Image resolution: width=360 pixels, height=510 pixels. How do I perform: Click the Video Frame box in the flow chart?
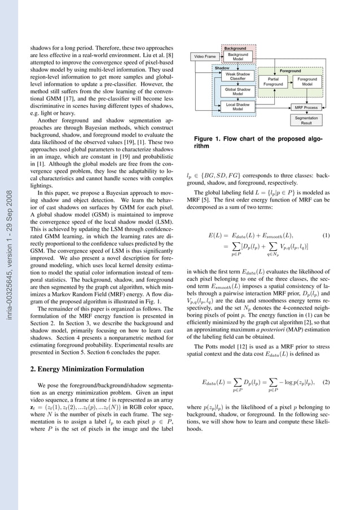(205, 57)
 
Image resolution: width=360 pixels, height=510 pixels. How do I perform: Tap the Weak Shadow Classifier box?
(238, 76)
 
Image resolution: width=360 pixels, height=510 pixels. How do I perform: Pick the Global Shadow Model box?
(238, 91)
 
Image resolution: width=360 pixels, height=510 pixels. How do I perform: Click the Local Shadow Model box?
(238, 107)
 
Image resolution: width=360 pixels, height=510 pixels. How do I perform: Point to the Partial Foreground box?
(273, 82)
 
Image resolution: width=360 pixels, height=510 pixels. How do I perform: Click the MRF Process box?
(306, 107)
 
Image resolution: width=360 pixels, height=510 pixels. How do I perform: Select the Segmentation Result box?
(306, 120)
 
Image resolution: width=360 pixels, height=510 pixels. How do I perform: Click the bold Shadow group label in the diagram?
(222, 68)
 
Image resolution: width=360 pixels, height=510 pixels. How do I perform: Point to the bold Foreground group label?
(290, 71)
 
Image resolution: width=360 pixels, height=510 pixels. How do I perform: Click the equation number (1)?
(325, 234)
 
